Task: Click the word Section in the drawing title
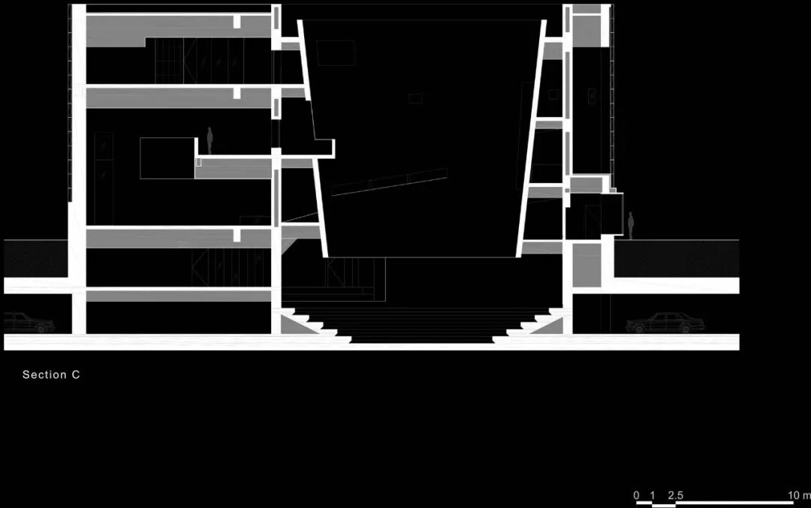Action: [x=44, y=374]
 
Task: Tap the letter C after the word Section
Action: [x=76, y=374]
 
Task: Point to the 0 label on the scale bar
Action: [x=637, y=495]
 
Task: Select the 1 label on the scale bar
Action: [x=653, y=495]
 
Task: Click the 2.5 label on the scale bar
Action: [x=676, y=495]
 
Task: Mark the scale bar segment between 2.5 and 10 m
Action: [x=734, y=503]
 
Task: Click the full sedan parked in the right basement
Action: [x=665, y=323]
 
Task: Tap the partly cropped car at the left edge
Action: [x=29, y=323]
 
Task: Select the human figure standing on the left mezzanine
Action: [x=210, y=140]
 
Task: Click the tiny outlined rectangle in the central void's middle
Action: [x=415, y=98]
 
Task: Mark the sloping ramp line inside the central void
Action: [x=390, y=183]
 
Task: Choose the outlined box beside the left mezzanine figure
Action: [x=167, y=158]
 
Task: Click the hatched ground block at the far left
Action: [x=35, y=258]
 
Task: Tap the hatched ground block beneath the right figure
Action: [x=676, y=259]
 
